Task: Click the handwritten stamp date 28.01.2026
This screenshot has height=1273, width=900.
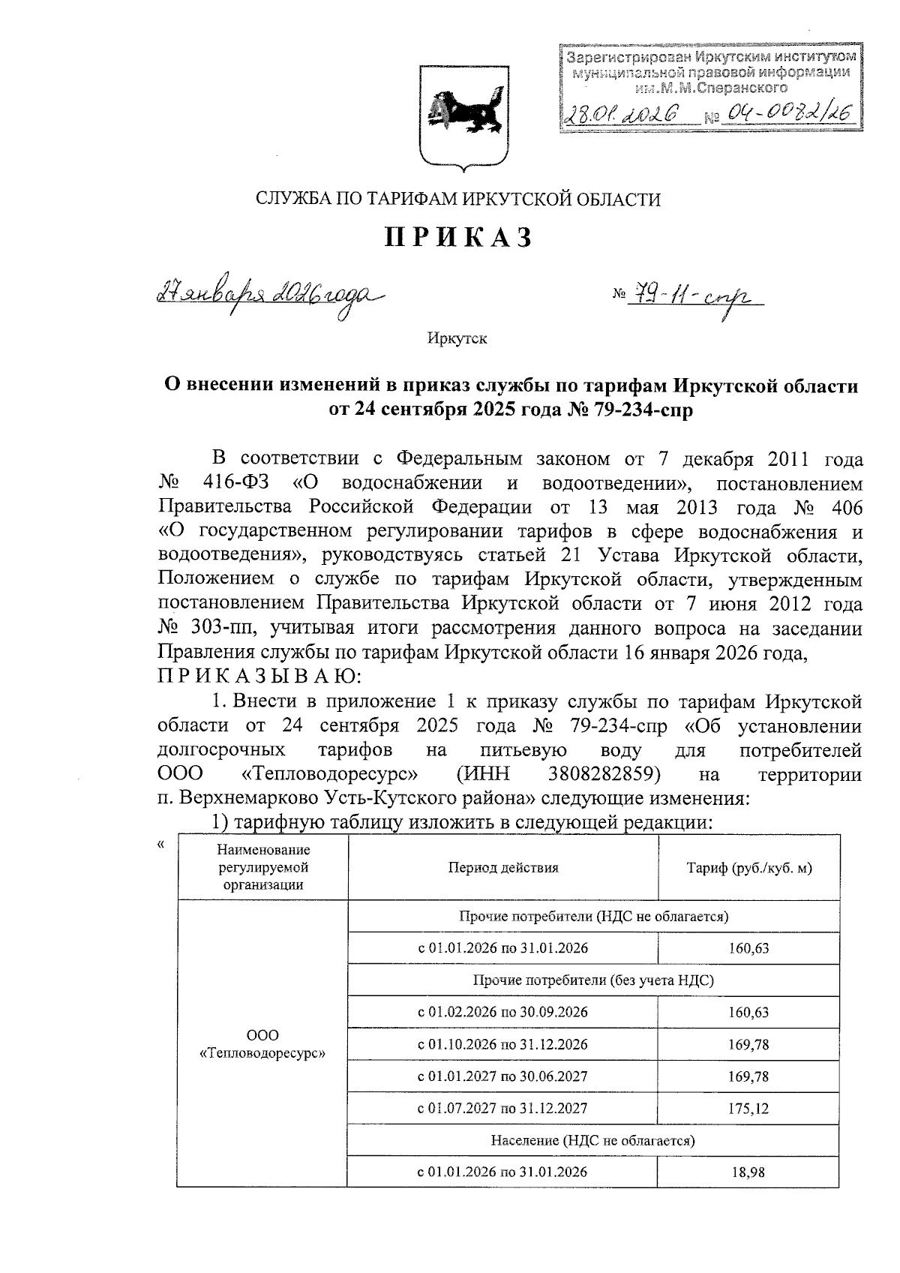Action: point(622,113)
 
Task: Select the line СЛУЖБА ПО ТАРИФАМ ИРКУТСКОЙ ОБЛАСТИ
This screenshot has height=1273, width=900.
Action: point(458,199)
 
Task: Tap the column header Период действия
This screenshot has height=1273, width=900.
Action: point(503,868)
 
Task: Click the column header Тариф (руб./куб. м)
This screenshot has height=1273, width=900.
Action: point(749,868)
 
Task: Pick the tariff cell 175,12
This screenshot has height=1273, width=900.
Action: point(748,1108)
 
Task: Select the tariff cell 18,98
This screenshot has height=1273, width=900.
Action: point(748,1172)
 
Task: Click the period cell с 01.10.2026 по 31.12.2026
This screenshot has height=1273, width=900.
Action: point(502,1044)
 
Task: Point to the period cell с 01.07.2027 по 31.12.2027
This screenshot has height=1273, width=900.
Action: point(502,1108)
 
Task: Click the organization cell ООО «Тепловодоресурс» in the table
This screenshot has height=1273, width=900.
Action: point(262,1044)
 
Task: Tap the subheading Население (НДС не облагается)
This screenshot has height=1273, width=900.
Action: point(593,1140)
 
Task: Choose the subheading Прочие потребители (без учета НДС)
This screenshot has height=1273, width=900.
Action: point(593,980)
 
